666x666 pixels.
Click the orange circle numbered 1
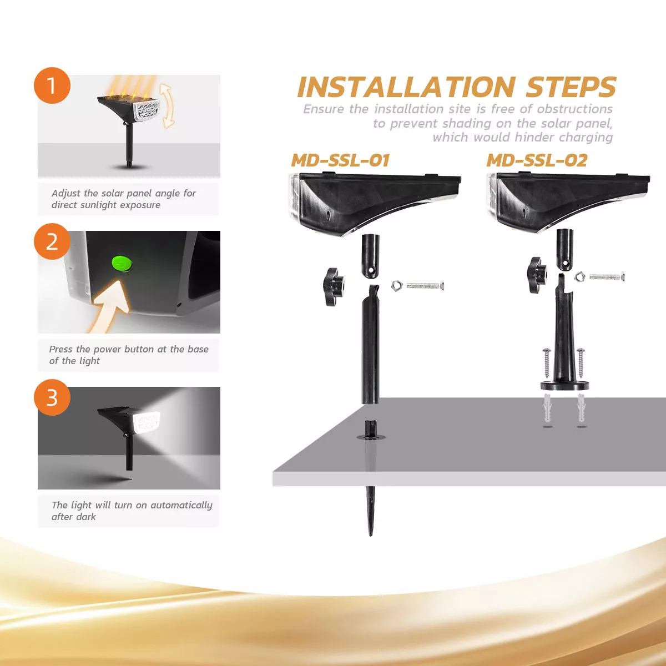[52, 85]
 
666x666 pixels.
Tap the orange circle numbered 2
[52, 241]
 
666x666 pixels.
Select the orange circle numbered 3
[52, 397]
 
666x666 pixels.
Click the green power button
[121, 263]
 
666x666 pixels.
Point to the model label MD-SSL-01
[340, 160]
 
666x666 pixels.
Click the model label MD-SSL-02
[537, 160]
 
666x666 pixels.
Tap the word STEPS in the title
[571, 87]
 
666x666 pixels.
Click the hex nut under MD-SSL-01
[396, 286]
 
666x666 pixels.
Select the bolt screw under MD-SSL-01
[426, 286]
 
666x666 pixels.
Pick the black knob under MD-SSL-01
[332, 286]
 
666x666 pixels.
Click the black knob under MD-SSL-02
[537, 275]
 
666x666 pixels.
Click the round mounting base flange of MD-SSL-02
[564, 385]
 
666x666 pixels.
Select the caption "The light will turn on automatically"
[132, 505]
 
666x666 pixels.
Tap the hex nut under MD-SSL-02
[579, 275]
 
